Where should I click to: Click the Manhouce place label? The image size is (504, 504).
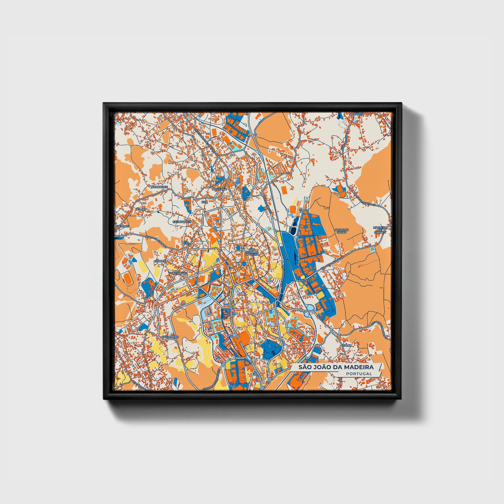[159, 187]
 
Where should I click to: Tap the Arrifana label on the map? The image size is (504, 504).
[220, 189]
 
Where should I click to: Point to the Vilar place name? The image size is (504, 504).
[141, 209]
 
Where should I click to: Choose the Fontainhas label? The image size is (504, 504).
[178, 273]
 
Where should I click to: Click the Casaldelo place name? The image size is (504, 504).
[170, 337]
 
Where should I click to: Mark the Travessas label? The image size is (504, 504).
[307, 281]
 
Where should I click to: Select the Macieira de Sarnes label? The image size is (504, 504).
[380, 229]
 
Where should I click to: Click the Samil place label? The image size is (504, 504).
[347, 345]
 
